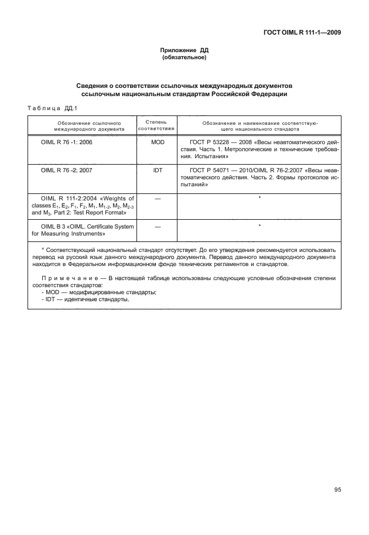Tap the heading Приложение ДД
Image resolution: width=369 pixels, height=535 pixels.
pos(184,51)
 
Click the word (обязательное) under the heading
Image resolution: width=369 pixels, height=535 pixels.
pos(184,58)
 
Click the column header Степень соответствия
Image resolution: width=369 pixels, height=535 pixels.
pos(157,125)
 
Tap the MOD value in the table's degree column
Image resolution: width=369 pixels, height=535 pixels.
pos(157,142)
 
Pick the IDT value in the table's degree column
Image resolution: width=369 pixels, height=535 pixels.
pos(157,171)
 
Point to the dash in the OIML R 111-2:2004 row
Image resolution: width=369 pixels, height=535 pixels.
pos(157,199)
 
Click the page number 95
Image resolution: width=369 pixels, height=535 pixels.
pos(337,490)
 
